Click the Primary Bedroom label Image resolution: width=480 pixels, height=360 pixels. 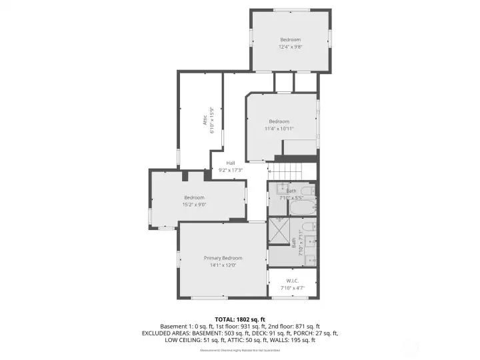coord(223,258)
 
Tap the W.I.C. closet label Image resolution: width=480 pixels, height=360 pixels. coord(291,280)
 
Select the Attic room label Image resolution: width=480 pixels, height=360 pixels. coord(205,121)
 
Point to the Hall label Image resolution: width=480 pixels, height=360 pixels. coord(230,163)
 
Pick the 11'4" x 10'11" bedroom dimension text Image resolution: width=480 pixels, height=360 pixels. coord(279,128)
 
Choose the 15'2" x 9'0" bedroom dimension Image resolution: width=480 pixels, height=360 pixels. coord(194,205)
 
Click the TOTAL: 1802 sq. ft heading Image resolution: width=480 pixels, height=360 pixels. coord(239,319)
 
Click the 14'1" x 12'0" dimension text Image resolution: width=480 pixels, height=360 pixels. coord(223,265)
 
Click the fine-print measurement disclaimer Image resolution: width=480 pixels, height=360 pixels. coord(240,349)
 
